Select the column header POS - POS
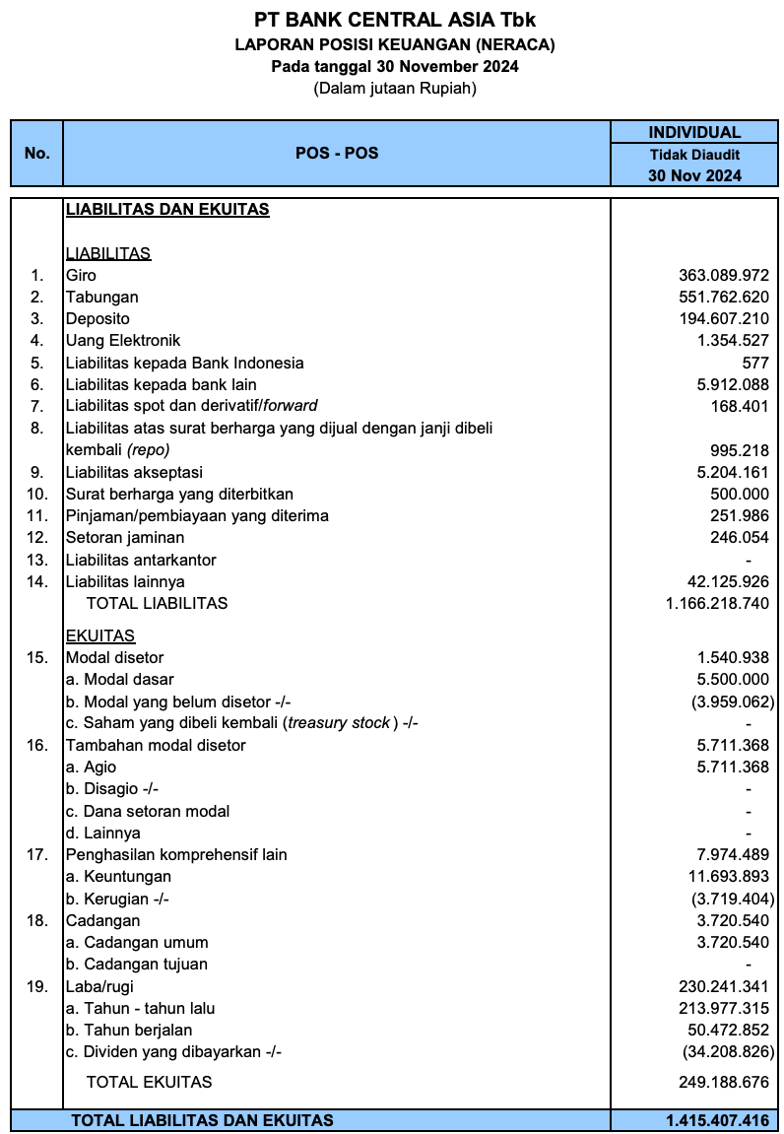click(337, 154)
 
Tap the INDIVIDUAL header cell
click(694, 132)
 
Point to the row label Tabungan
click(102, 298)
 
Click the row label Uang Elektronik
click(123, 341)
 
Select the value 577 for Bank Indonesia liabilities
click(755, 363)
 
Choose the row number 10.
click(37, 494)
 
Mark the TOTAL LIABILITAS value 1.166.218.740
click(717, 603)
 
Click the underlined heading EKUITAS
click(100, 635)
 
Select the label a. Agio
click(91, 767)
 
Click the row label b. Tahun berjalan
click(129, 1030)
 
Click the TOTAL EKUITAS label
click(149, 1082)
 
